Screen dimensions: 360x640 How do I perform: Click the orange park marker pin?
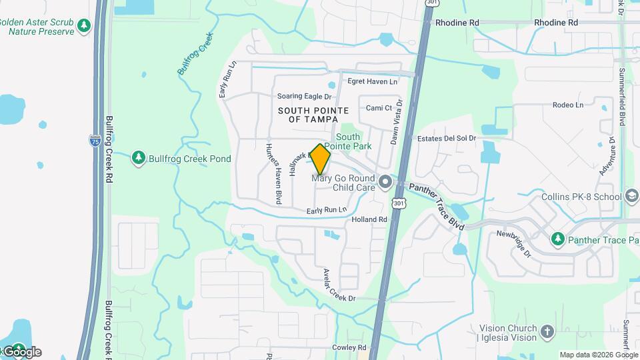click(321, 159)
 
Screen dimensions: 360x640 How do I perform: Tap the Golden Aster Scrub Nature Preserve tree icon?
click(84, 26)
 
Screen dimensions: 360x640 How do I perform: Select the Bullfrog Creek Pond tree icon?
click(138, 158)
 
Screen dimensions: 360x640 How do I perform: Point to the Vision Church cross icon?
click(547, 332)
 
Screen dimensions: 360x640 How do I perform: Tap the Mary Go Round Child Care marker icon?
click(385, 181)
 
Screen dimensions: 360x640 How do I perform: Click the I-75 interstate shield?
click(95, 140)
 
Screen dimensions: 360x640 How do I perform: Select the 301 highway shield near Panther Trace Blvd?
click(398, 202)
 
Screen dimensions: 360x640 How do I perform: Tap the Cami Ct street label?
click(379, 108)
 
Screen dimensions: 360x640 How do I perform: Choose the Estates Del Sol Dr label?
click(446, 139)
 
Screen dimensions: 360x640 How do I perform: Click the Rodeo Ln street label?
click(567, 105)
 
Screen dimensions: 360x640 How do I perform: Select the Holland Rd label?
click(369, 219)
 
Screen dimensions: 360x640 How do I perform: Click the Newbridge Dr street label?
click(513, 244)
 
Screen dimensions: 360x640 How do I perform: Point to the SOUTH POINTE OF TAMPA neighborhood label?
click(309, 115)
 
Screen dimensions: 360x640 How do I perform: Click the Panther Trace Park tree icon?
click(557, 239)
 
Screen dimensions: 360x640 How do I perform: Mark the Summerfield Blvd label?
click(622, 97)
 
